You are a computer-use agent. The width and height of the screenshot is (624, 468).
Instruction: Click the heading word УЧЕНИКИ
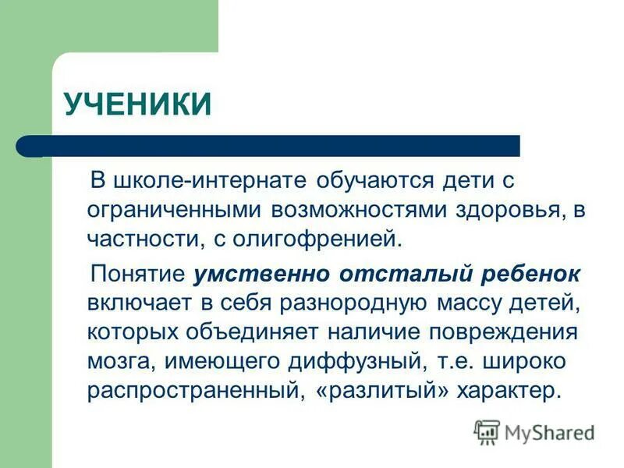(137, 105)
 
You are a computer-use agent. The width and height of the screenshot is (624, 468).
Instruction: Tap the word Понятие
(136, 275)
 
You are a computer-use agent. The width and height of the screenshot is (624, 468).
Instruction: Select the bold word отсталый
(401, 275)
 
